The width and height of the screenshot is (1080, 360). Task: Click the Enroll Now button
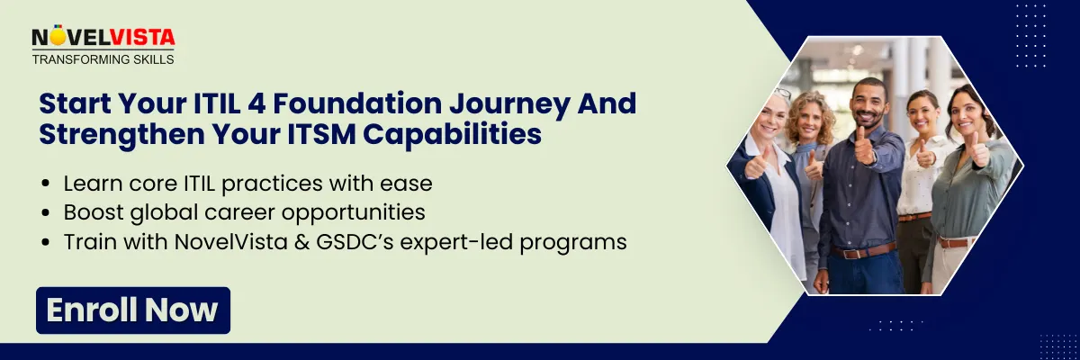click(x=133, y=310)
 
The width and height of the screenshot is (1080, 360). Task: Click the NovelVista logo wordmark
click(x=103, y=38)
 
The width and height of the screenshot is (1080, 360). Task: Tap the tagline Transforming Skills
click(x=103, y=59)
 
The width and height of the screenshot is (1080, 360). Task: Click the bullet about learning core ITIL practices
click(x=247, y=184)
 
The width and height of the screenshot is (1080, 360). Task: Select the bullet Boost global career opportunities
click(x=244, y=212)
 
